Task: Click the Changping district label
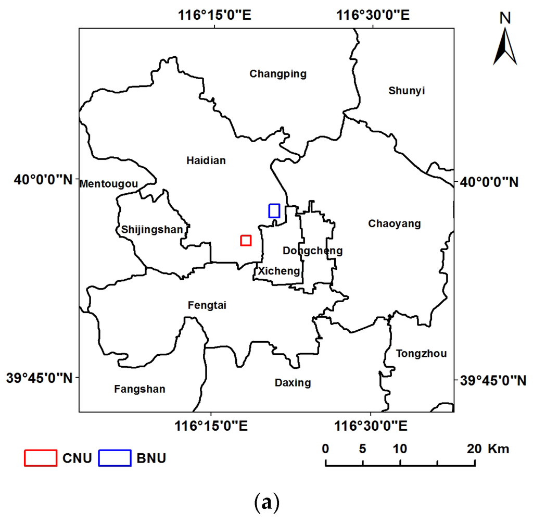coord(278,74)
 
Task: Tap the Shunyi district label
coord(407,91)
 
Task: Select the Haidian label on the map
coord(206,160)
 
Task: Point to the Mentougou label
coord(109,184)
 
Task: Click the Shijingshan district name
coord(152,229)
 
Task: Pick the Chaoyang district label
coord(394,224)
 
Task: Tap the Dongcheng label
coord(312,251)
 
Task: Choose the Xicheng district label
coord(279,271)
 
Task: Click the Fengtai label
coord(207,305)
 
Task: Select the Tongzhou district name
coord(421,354)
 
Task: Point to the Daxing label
coord(293,383)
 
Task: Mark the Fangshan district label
coord(139,389)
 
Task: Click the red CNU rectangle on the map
coord(246,240)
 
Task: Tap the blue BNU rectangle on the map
coord(274,210)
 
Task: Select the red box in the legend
coord(41,457)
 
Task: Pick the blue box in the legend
coord(115,457)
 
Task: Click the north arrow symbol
coord(505,46)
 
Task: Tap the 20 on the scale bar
coord(474,449)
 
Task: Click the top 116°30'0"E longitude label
coord(373,15)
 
